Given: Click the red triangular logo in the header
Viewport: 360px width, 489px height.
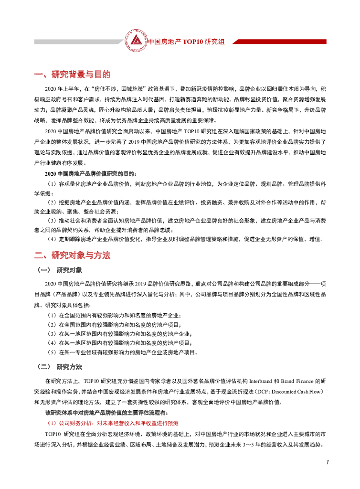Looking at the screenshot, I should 136,41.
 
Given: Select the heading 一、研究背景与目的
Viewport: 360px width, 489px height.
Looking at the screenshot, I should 72,74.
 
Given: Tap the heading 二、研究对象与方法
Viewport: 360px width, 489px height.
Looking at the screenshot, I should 72,255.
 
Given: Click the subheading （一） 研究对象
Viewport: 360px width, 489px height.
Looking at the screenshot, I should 60,270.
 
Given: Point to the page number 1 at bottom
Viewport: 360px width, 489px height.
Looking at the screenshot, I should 328,462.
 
